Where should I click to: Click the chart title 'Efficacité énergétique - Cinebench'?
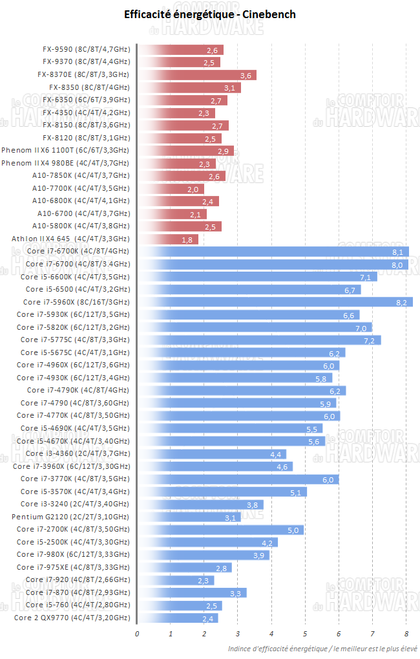(210, 14)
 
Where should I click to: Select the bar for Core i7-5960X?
(275, 302)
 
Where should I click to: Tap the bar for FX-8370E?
(197, 75)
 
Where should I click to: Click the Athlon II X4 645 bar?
(168, 239)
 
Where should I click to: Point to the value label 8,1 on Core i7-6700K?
(397, 252)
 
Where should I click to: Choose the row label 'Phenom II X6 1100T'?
(65, 151)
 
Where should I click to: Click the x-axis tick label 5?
(305, 633)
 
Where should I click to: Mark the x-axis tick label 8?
(406, 633)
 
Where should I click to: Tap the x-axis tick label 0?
(137, 633)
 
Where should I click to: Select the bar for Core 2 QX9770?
(178, 618)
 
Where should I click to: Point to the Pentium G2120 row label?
(70, 517)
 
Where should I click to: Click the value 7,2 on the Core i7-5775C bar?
(369, 340)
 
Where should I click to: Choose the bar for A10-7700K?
(171, 189)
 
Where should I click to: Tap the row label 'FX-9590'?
(86, 50)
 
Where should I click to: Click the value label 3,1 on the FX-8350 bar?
(229, 88)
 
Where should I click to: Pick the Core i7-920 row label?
(78, 579)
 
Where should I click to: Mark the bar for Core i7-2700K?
(220, 529)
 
